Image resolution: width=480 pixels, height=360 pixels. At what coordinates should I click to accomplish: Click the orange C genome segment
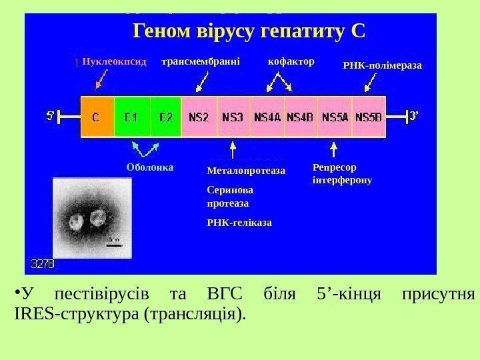pos(97,117)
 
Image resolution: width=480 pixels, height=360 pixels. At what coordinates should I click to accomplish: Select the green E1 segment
pos(132,117)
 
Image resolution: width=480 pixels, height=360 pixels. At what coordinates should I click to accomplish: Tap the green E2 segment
pos(165,117)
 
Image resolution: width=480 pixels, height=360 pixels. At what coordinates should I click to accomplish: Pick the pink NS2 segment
pos(199,117)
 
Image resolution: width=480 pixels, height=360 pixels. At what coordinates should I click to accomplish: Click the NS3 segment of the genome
pos(233,117)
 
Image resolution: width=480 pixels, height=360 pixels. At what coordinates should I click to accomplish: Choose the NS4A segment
pos(267,117)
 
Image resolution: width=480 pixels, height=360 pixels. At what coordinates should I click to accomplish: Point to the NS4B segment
pos(301,117)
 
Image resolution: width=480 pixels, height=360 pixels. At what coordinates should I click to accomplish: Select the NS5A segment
pos(335,117)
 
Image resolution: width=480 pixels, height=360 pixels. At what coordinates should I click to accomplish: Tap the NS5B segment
pos(369,117)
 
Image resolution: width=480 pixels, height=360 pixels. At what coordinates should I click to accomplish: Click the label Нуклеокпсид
pos(114,61)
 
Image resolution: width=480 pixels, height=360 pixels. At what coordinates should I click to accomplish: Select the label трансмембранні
pos(201,61)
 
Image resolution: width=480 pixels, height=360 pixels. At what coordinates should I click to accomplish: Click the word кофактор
pos(291,61)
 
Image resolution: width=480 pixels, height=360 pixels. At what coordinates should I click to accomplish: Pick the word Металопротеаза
pos(246,171)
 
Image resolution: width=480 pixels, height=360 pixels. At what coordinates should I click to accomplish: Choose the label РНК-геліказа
pos(240,221)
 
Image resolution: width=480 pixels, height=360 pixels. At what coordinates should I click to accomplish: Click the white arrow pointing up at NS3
pos(232,147)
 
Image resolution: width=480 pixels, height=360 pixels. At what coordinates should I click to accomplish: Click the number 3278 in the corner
pos(43,264)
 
